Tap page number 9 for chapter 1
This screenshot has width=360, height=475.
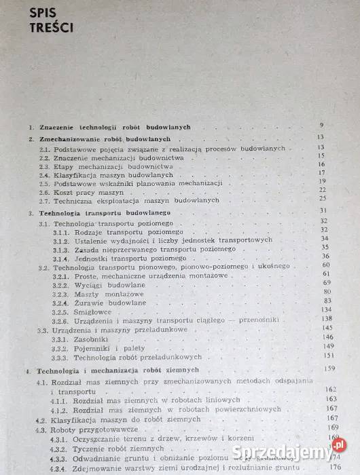click(x=321, y=127)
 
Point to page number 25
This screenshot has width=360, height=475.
click(x=322, y=199)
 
